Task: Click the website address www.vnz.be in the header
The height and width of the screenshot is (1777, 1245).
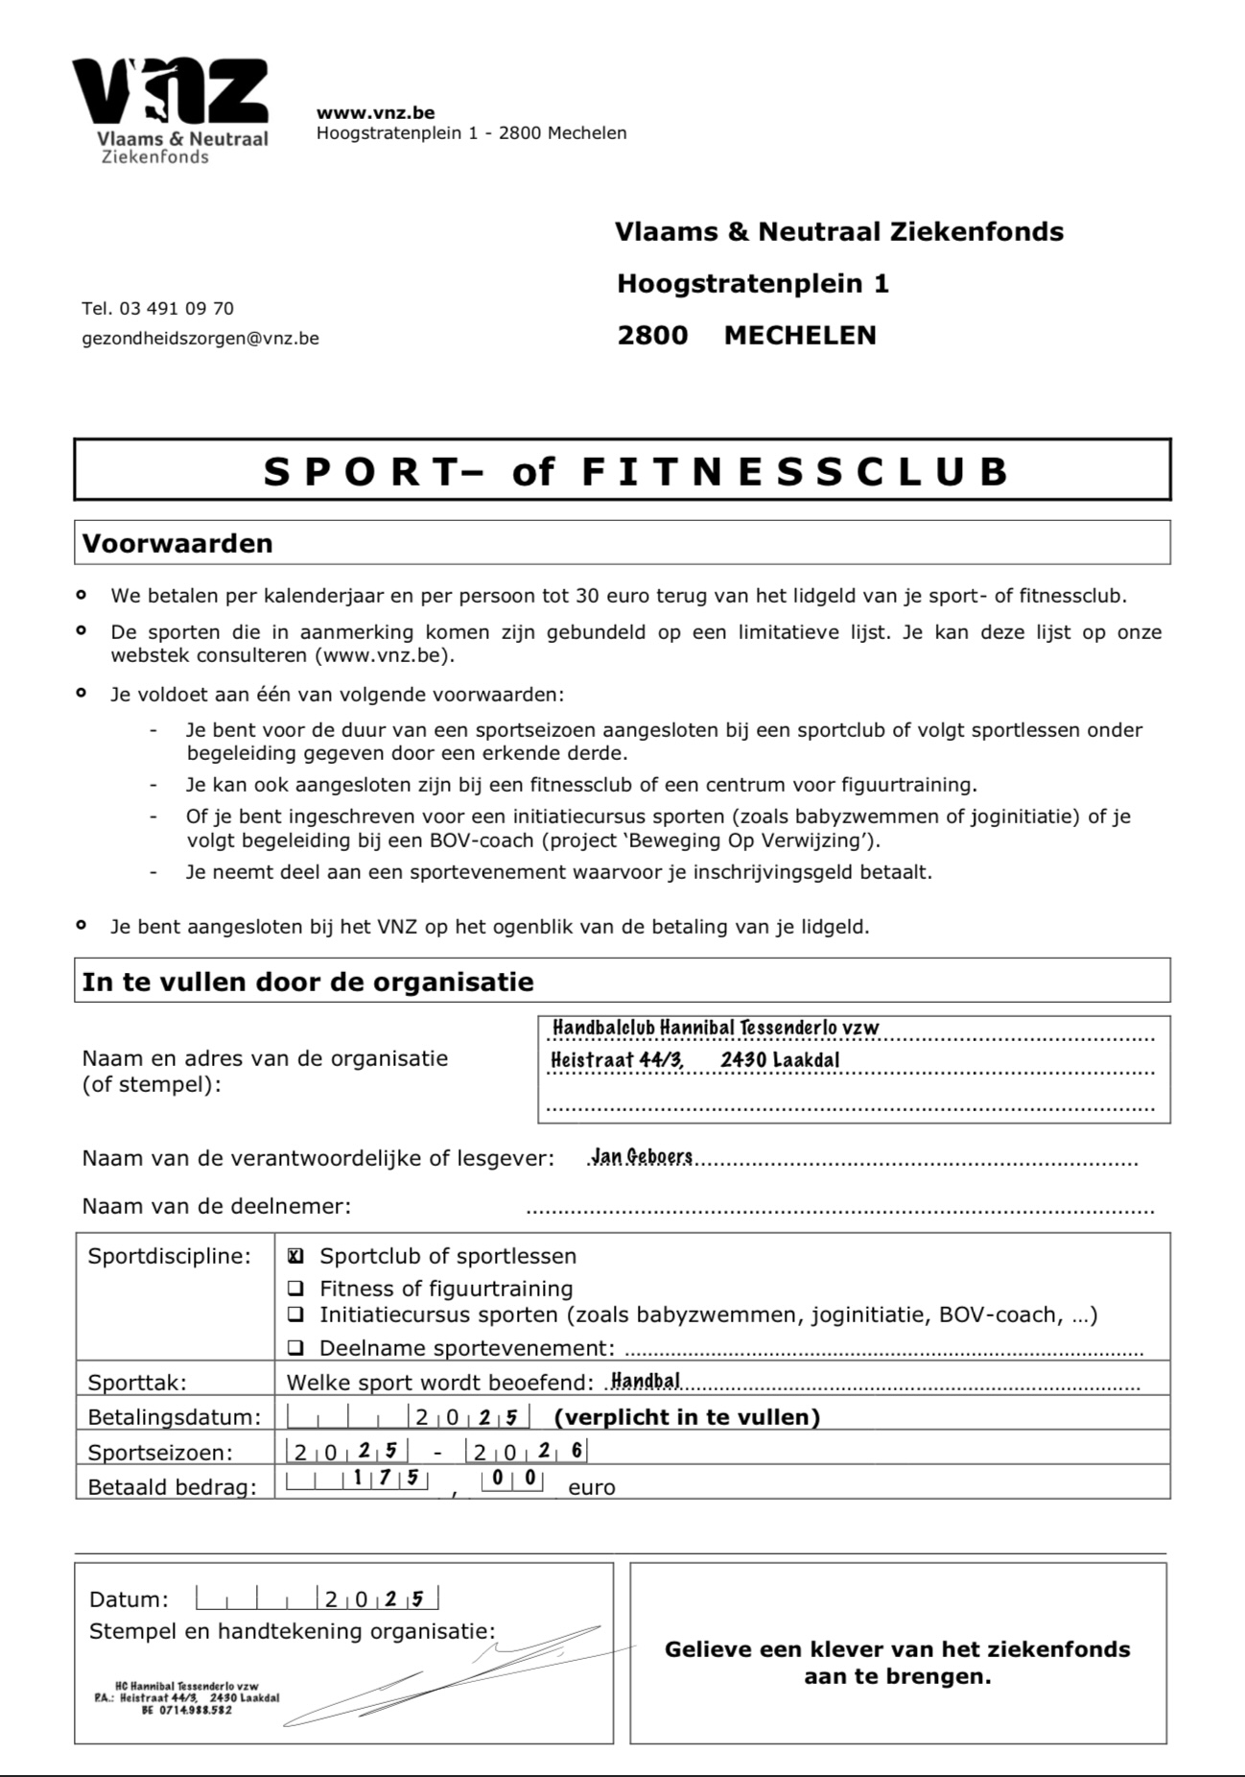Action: [x=375, y=112]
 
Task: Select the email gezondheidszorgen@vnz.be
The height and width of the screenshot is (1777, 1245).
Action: [x=200, y=338]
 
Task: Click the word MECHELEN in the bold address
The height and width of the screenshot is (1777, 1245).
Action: [x=800, y=335]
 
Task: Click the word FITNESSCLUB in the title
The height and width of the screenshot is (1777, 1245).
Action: [x=795, y=471]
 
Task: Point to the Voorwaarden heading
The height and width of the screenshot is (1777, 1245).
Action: [x=177, y=543]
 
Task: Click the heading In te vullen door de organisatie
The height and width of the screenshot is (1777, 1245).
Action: [x=308, y=982]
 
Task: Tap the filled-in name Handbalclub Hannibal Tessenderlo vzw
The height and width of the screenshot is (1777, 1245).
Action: [x=716, y=1028]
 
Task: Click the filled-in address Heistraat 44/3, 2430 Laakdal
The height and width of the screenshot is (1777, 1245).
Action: [x=695, y=1059]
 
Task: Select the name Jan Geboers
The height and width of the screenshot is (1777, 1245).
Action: [x=643, y=1156]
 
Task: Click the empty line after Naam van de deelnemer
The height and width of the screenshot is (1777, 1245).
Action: [x=840, y=1208]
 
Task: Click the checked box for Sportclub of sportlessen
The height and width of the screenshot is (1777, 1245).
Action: [x=296, y=1256]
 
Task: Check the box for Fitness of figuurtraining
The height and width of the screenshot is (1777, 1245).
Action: [x=296, y=1289]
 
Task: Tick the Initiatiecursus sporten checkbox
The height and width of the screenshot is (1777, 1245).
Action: [x=296, y=1315]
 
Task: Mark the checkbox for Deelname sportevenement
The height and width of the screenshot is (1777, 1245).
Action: [x=296, y=1348]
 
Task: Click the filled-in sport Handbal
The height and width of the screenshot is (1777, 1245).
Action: [x=646, y=1381]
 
